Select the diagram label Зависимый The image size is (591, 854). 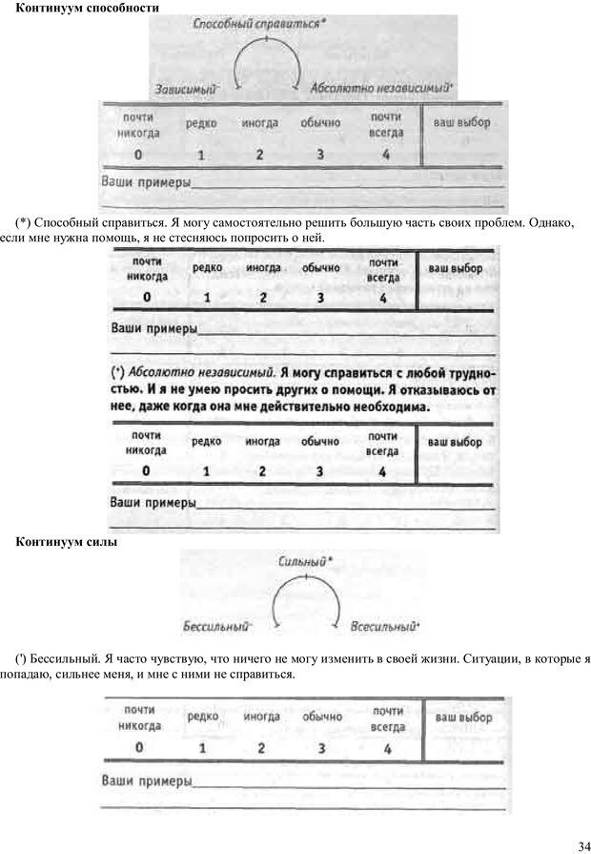click(187, 88)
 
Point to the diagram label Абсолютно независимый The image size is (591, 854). click(380, 88)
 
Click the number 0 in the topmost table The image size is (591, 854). click(138, 155)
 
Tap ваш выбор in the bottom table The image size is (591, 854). click(462, 717)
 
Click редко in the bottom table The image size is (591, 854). click(203, 717)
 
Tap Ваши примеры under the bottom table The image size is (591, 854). click(146, 781)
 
